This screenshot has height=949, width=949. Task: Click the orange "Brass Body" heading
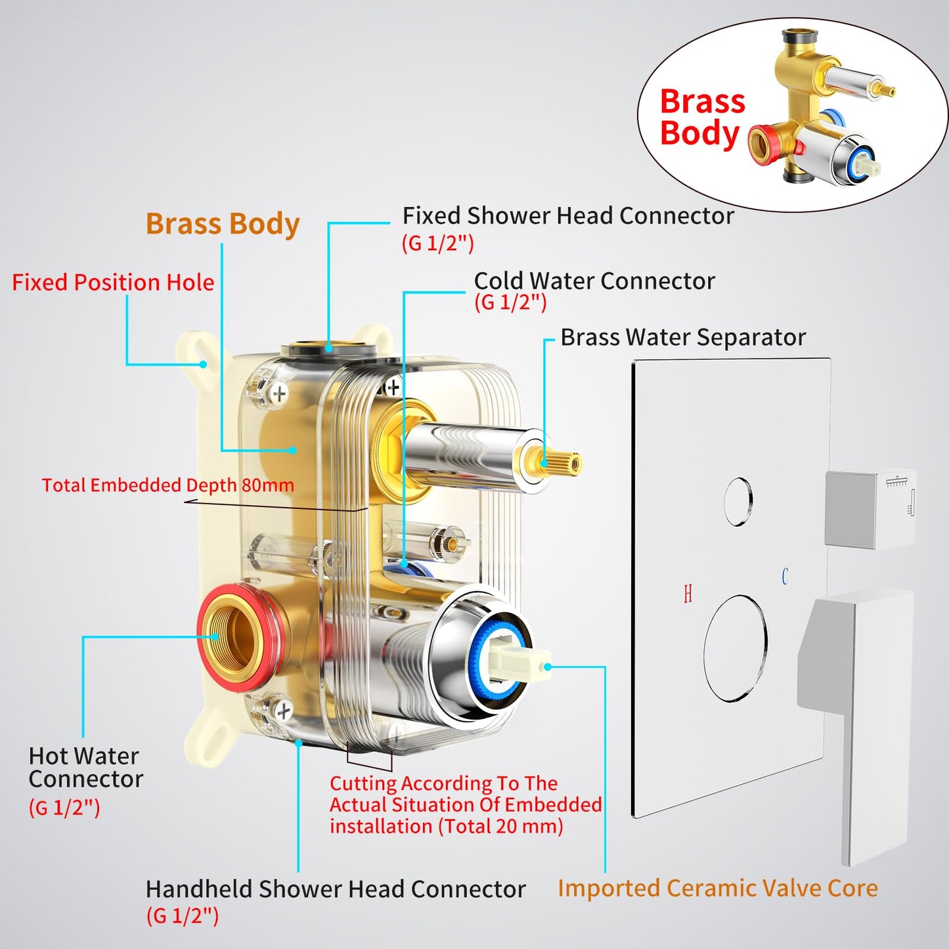click(223, 224)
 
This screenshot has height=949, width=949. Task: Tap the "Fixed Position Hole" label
click(113, 282)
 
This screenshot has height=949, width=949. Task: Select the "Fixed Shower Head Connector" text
click(568, 216)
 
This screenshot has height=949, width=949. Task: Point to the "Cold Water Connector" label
click(594, 281)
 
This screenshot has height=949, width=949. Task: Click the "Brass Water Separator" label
click(683, 338)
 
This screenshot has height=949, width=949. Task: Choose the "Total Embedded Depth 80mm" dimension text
click(167, 485)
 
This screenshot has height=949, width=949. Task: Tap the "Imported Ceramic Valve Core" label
click(718, 889)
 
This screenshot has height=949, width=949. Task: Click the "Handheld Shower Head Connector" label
click(336, 889)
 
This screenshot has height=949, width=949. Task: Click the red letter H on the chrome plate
click(688, 594)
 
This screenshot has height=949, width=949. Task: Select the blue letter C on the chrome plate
click(784, 577)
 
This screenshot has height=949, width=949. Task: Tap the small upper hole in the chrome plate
click(738, 502)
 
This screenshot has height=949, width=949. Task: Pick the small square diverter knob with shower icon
click(870, 508)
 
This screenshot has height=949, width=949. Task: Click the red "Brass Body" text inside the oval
click(702, 118)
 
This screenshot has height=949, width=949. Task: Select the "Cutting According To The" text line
click(443, 783)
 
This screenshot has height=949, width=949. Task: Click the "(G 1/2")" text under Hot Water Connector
click(64, 807)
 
